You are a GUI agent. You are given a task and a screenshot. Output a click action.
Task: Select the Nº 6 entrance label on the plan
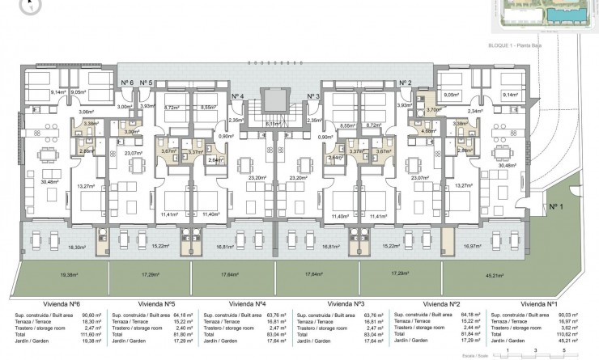126,83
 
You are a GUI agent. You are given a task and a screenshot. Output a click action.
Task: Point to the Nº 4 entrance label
237,96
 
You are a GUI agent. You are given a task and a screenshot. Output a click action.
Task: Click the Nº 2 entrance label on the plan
405,83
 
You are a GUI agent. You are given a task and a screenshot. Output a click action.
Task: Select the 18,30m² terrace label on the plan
77,248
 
